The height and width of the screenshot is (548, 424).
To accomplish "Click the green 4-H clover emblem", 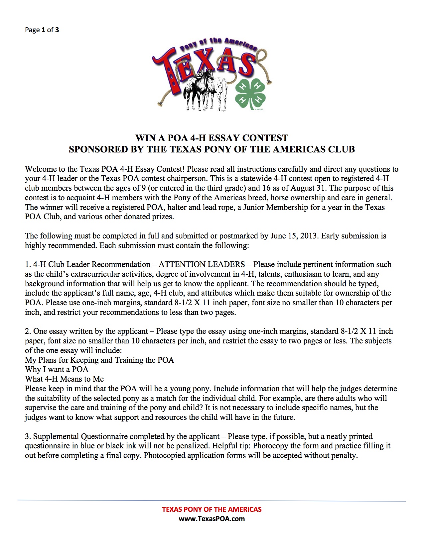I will point(251,94).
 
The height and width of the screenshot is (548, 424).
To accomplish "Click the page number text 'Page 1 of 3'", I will point(42,30).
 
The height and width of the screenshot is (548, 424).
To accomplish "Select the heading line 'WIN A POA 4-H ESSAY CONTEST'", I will point(212,138).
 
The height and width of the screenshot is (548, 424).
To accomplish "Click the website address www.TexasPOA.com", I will point(212,519).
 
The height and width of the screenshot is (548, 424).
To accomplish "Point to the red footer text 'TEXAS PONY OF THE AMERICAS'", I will point(212,509).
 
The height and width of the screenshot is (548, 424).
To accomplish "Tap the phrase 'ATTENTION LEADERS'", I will point(202,264).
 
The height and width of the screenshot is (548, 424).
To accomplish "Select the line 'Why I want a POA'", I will point(57,369).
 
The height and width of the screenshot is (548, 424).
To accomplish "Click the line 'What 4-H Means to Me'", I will point(64,379).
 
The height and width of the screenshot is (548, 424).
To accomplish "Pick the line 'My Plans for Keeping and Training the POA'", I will point(99,360).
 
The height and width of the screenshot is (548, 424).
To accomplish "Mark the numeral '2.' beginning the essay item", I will point(28,331).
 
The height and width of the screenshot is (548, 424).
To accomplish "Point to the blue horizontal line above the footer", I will point(212,501).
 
